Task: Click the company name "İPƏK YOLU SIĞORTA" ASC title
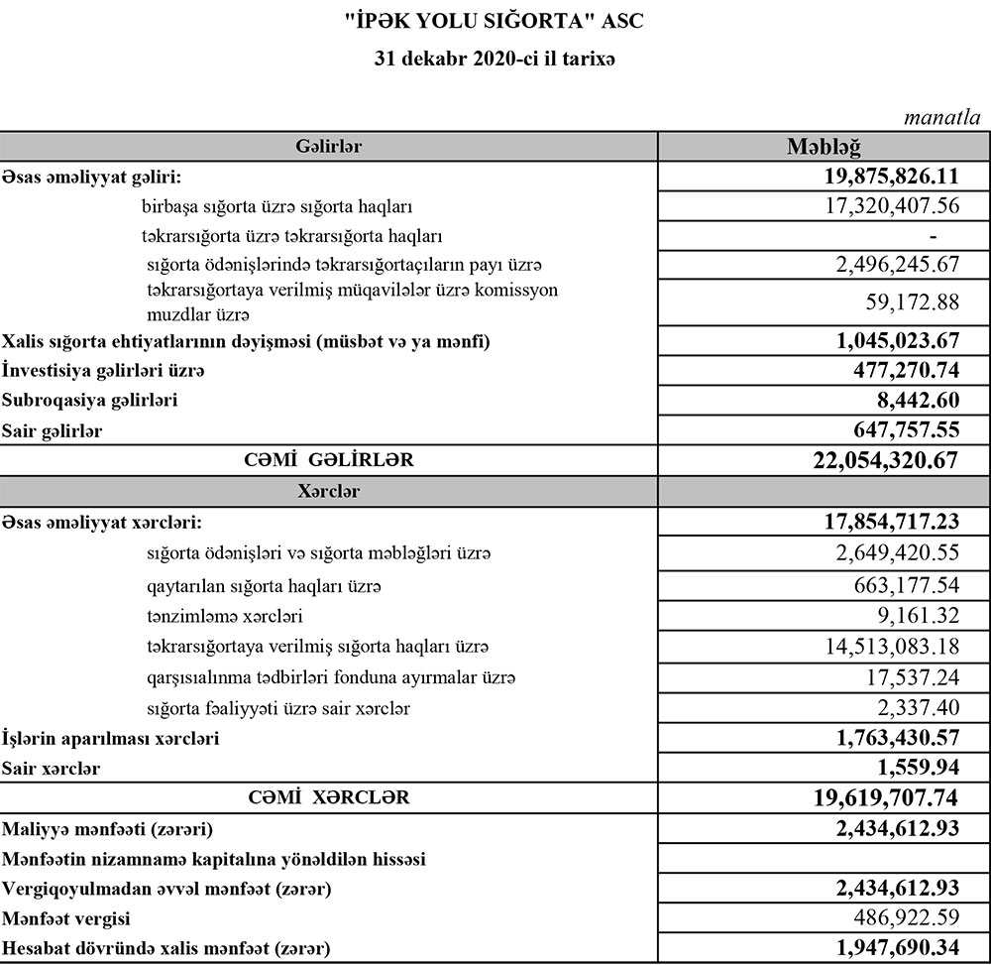[495, 20]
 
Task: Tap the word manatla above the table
[941, 117]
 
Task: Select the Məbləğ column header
[824, 147]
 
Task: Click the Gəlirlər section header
[328, 147]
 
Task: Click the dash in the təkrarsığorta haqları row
[933, 236]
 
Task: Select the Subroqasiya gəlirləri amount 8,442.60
[914, 401]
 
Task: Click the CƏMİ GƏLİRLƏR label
[329, 460]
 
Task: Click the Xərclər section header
[328, 491]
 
